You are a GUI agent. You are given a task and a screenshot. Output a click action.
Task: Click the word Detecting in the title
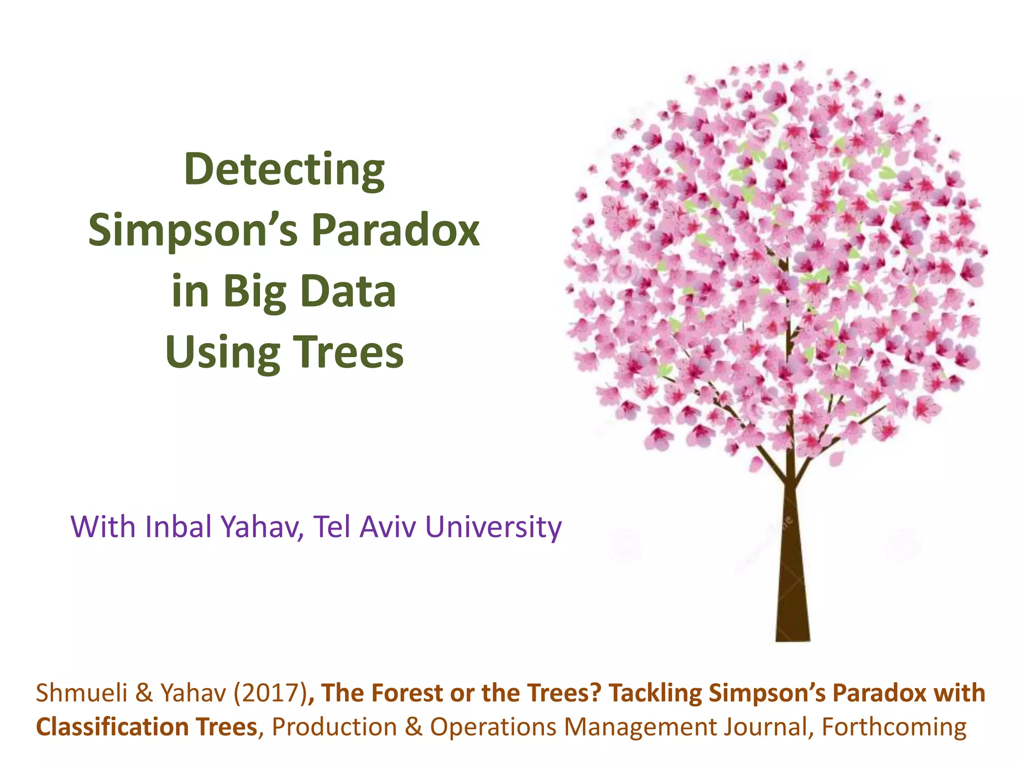(284, 170)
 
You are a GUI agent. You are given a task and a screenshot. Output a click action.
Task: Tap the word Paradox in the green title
(395, 231)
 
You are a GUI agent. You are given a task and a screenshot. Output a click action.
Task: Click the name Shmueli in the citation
(82, 693)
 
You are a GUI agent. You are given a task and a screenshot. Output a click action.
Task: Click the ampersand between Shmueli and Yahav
(144, 693)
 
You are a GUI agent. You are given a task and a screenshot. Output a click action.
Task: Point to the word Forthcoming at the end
(894, 727)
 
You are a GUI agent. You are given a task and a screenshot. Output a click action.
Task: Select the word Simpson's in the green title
(192, 231)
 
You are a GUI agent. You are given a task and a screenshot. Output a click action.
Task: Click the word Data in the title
(348, 292)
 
